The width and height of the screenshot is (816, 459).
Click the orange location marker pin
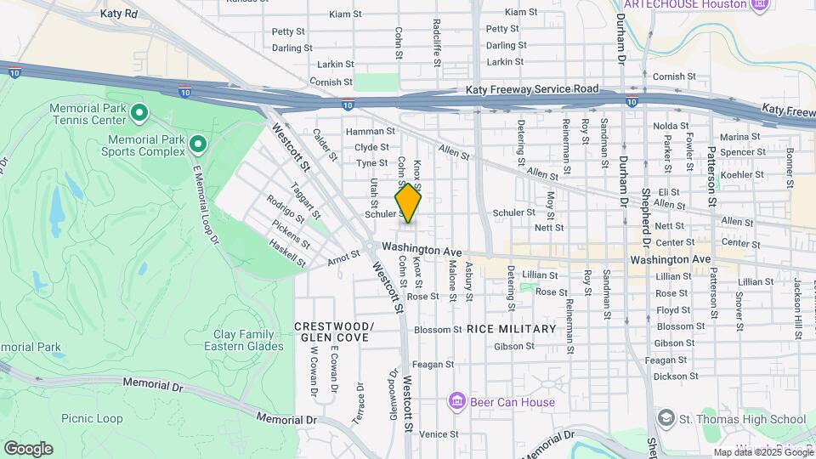coord(408,204)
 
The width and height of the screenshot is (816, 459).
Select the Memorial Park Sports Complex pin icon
coord(198,144)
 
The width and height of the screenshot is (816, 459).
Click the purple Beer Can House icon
coord(456,401)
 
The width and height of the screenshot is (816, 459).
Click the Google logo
coord(28,448)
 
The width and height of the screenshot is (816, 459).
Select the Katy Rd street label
coord(118,14)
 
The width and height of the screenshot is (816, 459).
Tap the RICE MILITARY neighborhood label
coord(511,329)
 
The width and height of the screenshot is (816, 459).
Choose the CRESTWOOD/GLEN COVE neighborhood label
coord(334,332)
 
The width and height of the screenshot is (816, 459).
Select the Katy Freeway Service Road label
coord(532,89)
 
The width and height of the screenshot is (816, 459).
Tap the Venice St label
coord(439,433)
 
